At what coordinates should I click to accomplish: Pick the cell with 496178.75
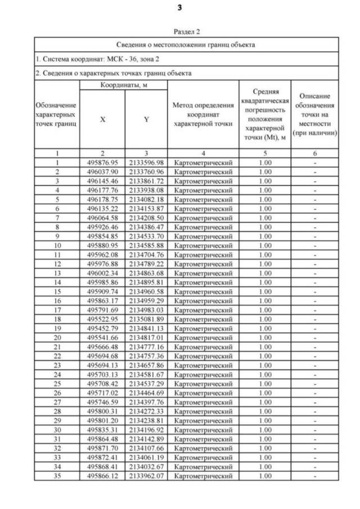pos(102,199)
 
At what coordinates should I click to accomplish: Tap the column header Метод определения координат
pos(204,114)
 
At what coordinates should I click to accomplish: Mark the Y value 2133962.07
pos(146,476)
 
